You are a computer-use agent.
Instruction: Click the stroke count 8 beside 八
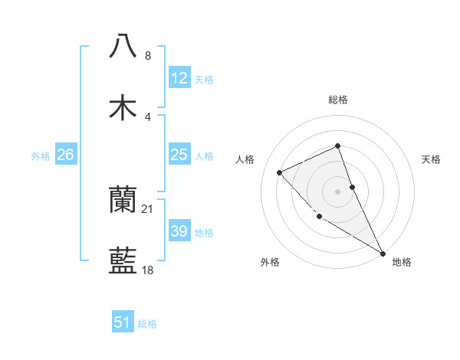[148, 56]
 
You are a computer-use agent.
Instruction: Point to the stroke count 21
[148, 208]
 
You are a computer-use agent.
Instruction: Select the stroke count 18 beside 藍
[148, 270]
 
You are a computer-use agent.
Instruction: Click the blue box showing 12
[179, 78]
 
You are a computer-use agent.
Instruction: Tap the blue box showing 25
[179, 155]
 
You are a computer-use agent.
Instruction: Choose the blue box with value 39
[179, 231]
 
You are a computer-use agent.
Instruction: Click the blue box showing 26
[65, 155]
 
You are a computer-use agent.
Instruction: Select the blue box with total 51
[123, 322]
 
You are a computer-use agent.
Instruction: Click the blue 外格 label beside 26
[41, 155]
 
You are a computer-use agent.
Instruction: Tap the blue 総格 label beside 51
[147, 324]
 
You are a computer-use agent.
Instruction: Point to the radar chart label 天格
[432, 159]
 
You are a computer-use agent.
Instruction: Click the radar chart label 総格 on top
[338, 100]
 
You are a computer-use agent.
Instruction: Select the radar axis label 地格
[402, 262]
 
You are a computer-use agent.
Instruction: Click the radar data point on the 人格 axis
[280, 172]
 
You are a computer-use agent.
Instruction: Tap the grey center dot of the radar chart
[338, 191]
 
